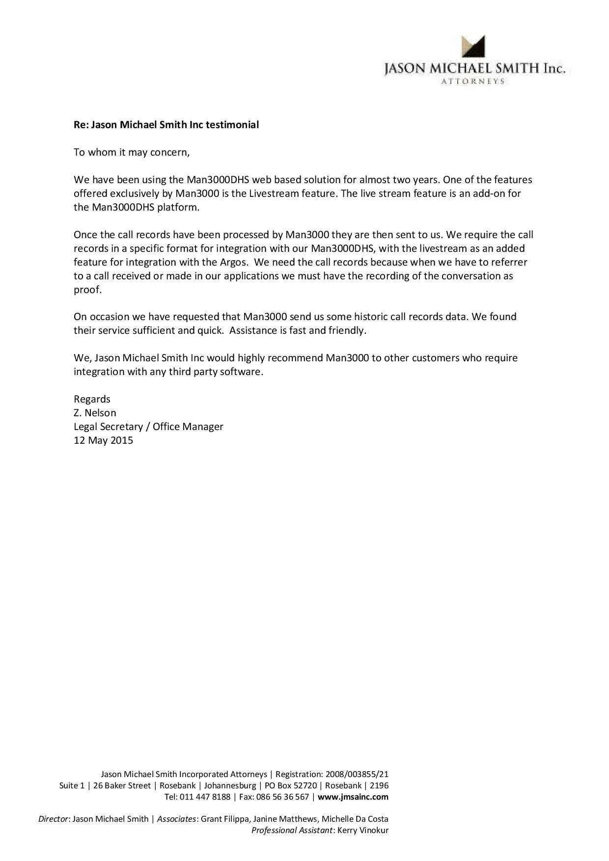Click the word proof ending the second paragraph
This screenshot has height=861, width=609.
point(87,290)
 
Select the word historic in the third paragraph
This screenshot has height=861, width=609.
point(375,317)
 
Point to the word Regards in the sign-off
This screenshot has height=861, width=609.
point(92,399)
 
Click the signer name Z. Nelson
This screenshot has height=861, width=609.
point(95,413)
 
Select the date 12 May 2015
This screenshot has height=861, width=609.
point(103,440)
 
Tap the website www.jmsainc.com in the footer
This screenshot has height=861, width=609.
point(353,797)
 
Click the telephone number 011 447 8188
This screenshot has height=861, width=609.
point(205,797)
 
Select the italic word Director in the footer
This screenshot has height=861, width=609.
point(54,819)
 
